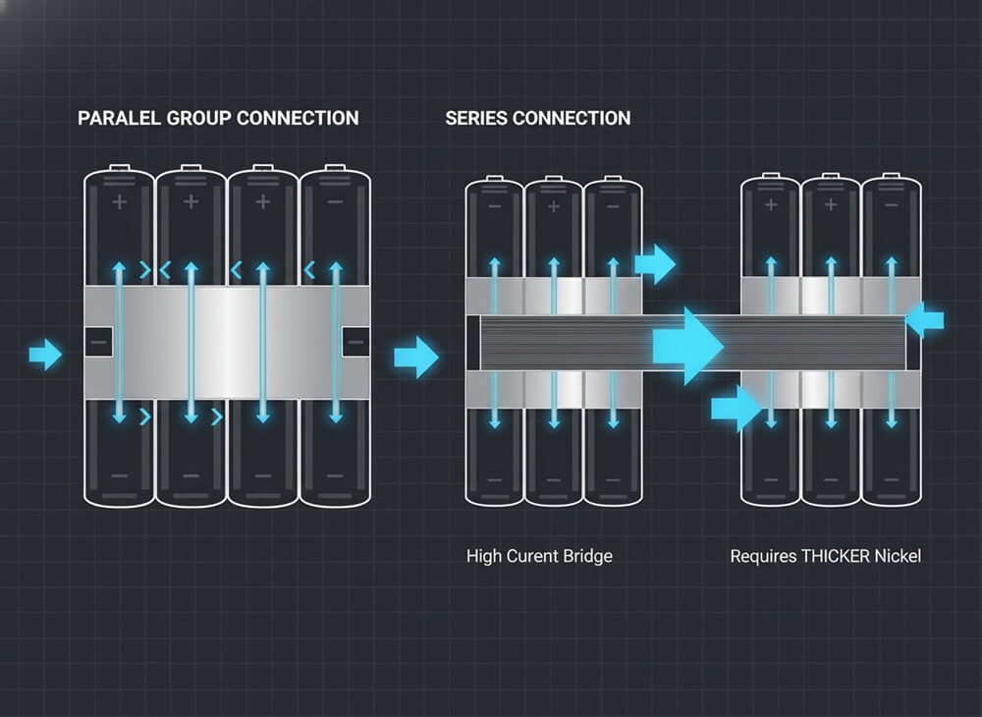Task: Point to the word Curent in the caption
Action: click(x=536, y=556)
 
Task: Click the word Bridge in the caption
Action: click(x=589, y=556)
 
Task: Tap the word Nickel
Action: click(x=899, y=556)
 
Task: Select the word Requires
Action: click(x=761, y=556)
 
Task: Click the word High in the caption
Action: click(x=483, y=556)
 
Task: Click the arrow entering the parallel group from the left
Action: click(x=44, y=354)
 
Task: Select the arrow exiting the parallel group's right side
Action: click(x=415, y=357)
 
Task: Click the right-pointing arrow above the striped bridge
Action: click(x=654, y=264)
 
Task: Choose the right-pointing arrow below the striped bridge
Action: click(x=736, y=408)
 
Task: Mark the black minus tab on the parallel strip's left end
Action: click(x=98, y=343)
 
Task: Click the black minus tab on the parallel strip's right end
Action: click(x=355, y=343)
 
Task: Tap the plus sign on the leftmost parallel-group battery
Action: click(x=120, y=202)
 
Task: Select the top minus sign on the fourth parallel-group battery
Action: click(x=335, y=202)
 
